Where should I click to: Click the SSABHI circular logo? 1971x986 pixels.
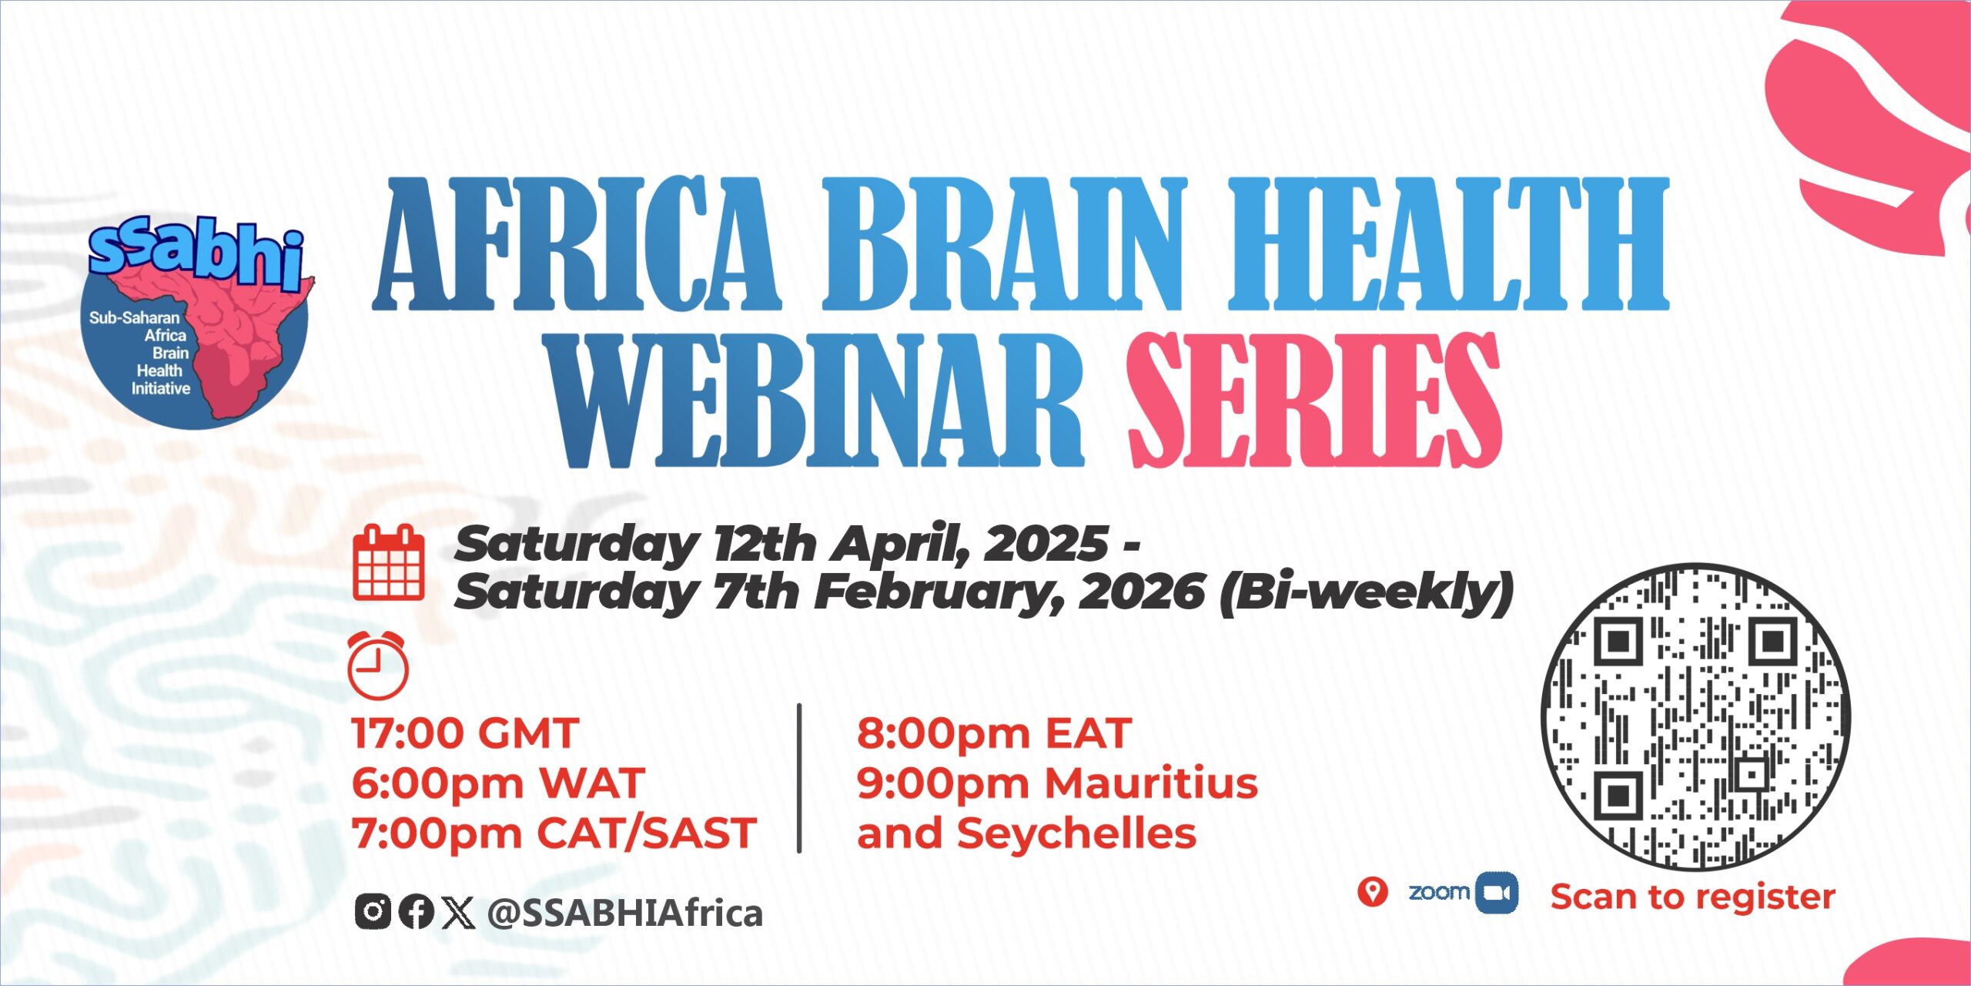[x=196, y=324]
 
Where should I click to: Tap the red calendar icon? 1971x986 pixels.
[x=389, y=563]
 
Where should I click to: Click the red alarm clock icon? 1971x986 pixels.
[x=377, y=665]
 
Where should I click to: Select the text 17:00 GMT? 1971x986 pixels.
[x=465, y=733]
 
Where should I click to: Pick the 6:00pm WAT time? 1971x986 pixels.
[x=498, y=783]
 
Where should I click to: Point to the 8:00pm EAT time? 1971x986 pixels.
[x=994, y=733]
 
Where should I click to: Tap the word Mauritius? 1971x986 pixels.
[x=1152, y=783]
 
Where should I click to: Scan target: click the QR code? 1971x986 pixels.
[x=1696, y=717]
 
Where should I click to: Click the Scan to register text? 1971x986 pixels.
[x=1693, y=897]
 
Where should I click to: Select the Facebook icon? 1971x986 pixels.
[x=417, y=912]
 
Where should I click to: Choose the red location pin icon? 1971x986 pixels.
[x=1372, y=892]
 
